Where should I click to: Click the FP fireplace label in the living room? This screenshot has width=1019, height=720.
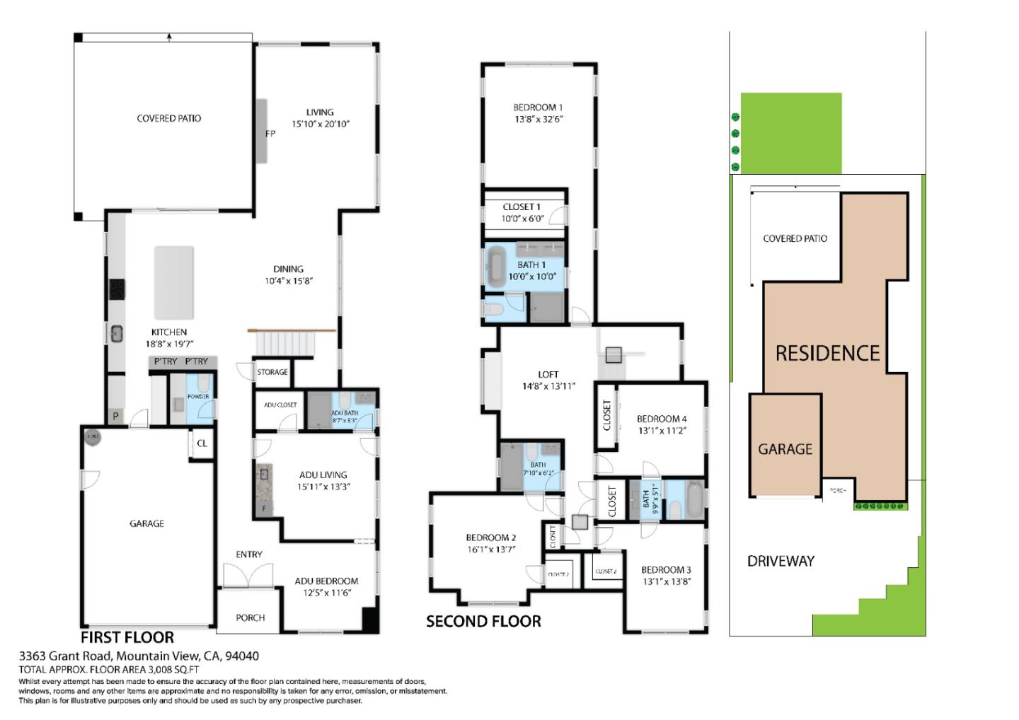(x=270, y=134)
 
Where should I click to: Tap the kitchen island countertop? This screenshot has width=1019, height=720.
(x=174, y=283)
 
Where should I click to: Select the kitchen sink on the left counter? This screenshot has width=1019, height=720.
(x=116, y=334)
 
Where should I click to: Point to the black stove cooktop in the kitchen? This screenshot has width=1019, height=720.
(x=116, y=289)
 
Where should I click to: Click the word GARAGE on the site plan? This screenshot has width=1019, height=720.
(x=785, y=449)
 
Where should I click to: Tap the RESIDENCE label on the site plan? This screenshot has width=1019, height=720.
(x=827, y=354)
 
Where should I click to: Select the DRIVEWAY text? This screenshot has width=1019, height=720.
(x=781, y=562)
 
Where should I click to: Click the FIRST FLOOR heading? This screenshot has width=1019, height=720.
(x=127, y=637)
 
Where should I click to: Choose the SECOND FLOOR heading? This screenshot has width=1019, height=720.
(x=483, y=622)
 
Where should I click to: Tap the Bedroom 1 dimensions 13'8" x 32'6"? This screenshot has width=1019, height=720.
(x=539, y=120)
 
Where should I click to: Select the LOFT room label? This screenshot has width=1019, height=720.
(x=548, y=374)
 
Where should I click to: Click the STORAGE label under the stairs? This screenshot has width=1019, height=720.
(x=272, y=372)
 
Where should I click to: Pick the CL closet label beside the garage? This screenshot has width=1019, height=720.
(x=202, y=443)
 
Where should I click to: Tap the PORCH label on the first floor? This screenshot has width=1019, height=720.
(x=250, y=617)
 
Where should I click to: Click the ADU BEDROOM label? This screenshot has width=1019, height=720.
(x=326, y=581)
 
